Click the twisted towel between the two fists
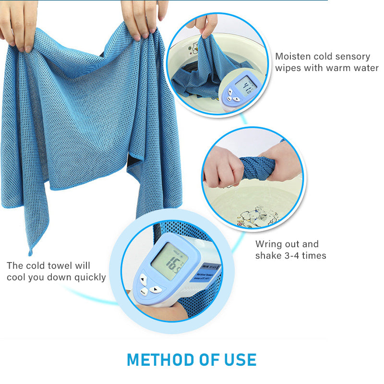256,168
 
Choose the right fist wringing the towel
283,166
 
